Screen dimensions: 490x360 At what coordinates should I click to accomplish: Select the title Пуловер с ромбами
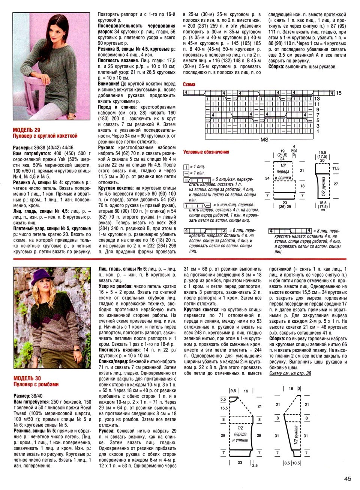36,384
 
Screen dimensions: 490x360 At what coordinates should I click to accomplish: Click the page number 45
347,478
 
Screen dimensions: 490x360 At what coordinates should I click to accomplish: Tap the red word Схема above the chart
189,85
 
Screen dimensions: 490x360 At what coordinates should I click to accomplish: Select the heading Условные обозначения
206,152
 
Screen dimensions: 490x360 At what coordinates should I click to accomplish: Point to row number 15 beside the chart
339,93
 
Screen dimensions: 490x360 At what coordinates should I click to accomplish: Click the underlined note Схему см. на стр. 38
290,373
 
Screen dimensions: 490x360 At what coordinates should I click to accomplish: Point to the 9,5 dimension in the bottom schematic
233,391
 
